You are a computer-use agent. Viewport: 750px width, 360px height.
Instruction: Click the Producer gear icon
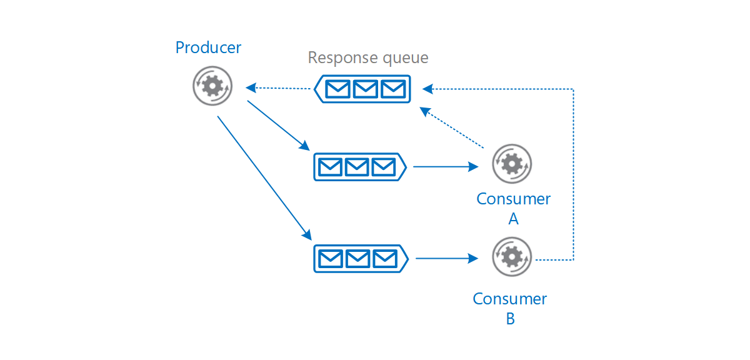[x=212, y=85]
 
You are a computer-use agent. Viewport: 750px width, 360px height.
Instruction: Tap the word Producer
[x=208, y=47]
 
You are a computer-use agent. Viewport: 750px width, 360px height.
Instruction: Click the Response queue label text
[x=368, y=58]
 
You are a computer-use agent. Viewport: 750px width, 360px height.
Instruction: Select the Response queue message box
[x=362, y=89]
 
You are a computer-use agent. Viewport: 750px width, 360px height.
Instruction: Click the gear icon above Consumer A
[x=512, y=164]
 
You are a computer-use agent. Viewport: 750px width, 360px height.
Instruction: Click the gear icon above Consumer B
[x=512, y=256]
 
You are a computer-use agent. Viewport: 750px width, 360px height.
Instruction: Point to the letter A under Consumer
[x=513, y=219]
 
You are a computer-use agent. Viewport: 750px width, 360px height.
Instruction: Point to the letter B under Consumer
[x=510, y=319]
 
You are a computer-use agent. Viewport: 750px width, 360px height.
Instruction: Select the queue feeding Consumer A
[x=359, y=167]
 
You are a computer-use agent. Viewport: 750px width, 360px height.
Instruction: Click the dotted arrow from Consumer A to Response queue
[x=453, y=128]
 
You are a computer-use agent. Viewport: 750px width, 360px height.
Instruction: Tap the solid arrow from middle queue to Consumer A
[x=445, y=167]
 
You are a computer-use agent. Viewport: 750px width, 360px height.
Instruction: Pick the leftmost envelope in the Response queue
[x=338, y=89]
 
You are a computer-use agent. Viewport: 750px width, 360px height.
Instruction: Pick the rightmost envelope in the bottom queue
[x=384, y=258]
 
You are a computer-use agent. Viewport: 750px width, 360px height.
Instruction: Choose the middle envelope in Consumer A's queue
[x=357, y=167]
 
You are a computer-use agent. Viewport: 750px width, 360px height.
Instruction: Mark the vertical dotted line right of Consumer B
[x=573, y=175]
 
